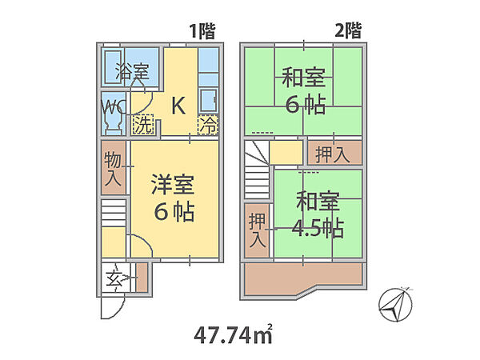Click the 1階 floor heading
tap(202, 31)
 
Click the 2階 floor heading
tap(348, 30)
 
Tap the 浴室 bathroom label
tap(132, 71)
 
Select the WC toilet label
tap(114, 107)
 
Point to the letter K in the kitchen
tap(178, 106)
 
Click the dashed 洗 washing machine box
tap(143, 125)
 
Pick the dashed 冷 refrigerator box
tap(208, 126)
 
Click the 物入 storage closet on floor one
tap(114, 167)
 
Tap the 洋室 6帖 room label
tap(174, 198)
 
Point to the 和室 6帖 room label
tap(304, 91)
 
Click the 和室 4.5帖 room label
tap(318, 214)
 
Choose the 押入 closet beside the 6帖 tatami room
tap(334, 153)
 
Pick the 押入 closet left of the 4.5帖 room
tap(257, 230)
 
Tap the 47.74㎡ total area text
tap(234, 334)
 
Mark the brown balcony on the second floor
tap(303, 278)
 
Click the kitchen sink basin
tap(208, 100)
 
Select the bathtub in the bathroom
tap(114, 67)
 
